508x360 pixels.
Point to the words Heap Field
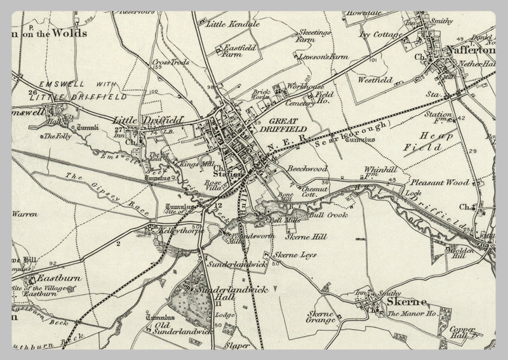coord(432,141)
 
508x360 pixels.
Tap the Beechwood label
coord(307,170)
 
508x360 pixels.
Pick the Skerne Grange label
coord(321,317)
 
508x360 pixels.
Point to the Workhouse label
coord(306,86)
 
